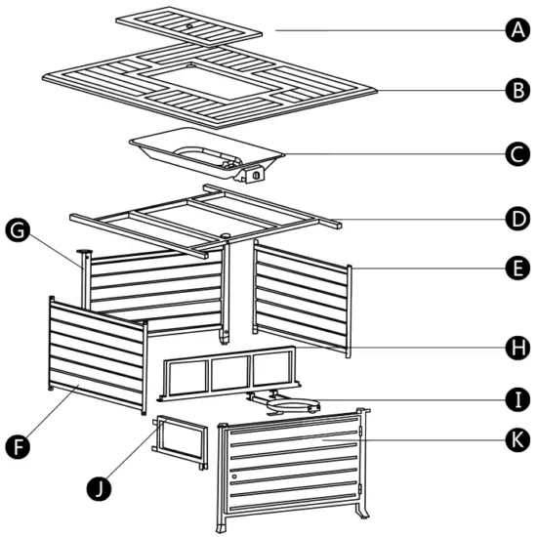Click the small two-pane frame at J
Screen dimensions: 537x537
point(179,440)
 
